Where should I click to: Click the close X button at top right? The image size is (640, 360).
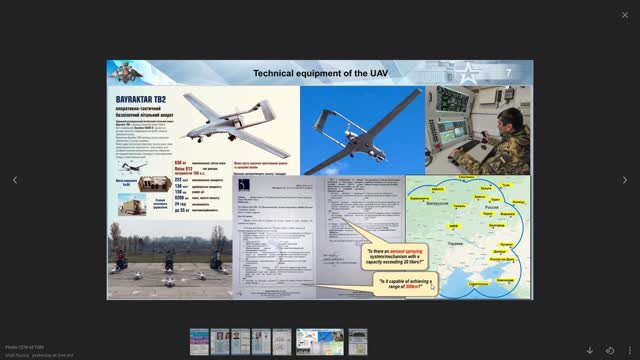(x=625, y=14)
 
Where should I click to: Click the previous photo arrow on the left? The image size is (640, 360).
(x=14, y=180)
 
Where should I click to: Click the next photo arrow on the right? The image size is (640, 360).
(x=625, y=180)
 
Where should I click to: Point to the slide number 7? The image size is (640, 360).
(x=508, y=73)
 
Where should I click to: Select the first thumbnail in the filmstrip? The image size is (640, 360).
(x=200, y=342)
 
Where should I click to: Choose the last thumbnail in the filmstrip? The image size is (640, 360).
(x=357, y=342)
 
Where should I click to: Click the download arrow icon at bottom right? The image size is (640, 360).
(x=589, y=350)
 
